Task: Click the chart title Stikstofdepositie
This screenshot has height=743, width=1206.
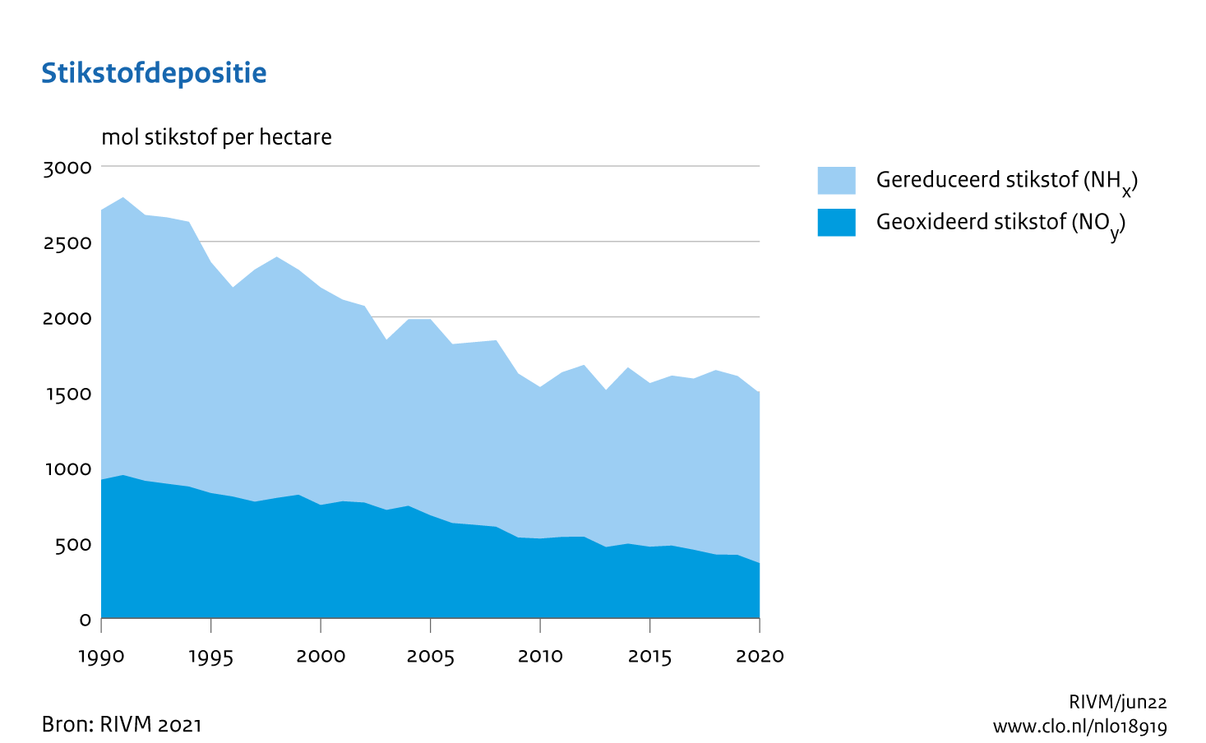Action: click(x=154, y=73)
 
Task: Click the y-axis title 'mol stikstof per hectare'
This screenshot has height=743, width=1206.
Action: click(x=216, y=136)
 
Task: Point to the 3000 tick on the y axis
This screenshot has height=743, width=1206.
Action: click(x=67, y=168)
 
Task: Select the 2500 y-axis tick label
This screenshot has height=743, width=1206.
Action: click(x=67, y=243)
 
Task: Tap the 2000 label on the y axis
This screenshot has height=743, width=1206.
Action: click(x=67, y=318)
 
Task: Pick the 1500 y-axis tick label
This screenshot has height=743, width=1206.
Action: click(x=67, y=394)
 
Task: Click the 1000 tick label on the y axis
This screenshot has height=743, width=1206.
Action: click(x=67, y=469)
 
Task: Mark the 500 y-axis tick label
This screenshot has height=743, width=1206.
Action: click(x=73, y=545)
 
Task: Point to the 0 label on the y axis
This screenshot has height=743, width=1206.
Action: click(x=85, y=620)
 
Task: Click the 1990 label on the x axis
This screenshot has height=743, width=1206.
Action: click(x=101, y=657)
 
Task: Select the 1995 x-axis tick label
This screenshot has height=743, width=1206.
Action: click(x=211, y=657)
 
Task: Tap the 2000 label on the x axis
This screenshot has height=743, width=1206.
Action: click(x=321, y=657)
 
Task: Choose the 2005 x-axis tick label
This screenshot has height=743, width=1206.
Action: click(x=431, y=657)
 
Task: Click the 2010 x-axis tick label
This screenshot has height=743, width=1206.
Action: click(x=540, y=657)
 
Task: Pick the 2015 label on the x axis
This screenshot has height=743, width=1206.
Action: click(x=650, y=657)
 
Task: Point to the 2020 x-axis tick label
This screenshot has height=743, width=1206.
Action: click(x=760, y=657)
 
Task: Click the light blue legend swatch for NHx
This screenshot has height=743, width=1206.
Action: click(x=836, y=180)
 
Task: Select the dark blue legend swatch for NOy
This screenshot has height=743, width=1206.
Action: click(x=836, y=223)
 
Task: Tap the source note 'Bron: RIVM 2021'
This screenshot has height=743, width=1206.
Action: click(x=122, y=724)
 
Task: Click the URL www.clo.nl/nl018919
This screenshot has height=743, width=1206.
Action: click(x=1079, y=727)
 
